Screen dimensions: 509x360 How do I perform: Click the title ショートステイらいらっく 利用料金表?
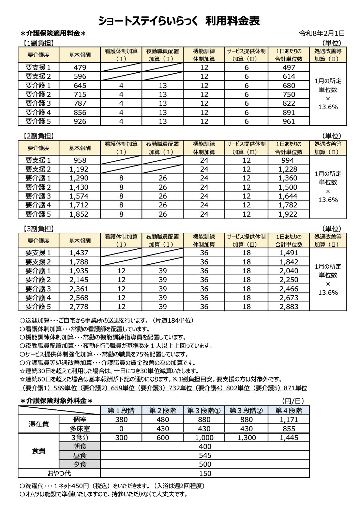click(x=179, y=21)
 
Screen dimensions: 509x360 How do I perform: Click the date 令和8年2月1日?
click(x=322, y=33)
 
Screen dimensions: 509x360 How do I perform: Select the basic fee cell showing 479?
click(x=80, y=67)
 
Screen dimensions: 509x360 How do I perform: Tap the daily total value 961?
click(x=289, y=121)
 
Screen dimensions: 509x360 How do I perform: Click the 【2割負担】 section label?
click(x=39, y=136)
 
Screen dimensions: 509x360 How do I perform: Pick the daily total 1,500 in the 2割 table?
click(x=289, y=187)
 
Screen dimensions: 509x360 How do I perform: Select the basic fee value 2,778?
click(x=79, y=306)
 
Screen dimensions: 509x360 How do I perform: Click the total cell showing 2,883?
click(x=289, y=306)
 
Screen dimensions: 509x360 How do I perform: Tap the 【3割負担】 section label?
click(x=39, y=229)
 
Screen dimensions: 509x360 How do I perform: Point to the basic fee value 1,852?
click(x=79, y=214)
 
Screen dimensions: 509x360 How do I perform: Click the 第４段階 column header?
click(x=289, y=410)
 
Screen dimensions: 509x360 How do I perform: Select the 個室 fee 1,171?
click(x=289, y=420)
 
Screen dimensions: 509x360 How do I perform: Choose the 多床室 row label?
click(x=80, y=428)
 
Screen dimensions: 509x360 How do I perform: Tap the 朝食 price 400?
click(x=205, y=446)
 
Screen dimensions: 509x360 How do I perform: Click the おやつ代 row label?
click(x=59, y=473)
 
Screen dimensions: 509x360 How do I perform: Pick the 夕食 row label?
click(x=80, y=464)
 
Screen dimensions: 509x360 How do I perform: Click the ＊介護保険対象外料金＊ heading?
click(x=56, y=401)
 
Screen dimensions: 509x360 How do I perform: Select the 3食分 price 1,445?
click(x=289, y=437)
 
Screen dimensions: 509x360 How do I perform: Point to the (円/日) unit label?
click(x=293, y=401)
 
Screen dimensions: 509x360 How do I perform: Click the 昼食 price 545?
click(x=205, y=455)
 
